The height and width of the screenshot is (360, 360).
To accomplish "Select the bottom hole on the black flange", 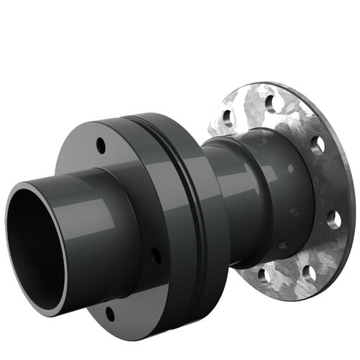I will coord(110,313).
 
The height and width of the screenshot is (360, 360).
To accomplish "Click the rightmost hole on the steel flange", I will coord(333,219).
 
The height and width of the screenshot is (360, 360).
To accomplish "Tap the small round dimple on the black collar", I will coord(290,168).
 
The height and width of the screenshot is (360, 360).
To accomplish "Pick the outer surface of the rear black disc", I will coord(209,238).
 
